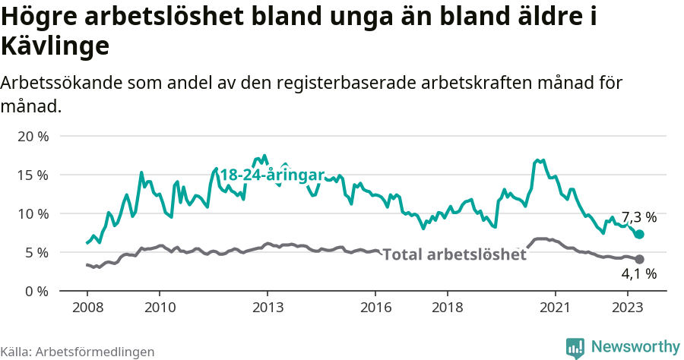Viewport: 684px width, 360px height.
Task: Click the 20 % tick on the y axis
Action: (32, 137)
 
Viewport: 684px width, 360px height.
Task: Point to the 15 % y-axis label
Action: (32, 175)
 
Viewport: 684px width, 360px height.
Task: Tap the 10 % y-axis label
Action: (32, 213)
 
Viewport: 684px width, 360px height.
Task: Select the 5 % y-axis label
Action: (36, 252)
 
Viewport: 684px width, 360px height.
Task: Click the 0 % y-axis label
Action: (36, 291)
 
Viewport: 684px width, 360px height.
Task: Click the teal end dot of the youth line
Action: (639, 235)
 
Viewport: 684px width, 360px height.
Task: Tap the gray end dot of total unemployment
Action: (639, 259)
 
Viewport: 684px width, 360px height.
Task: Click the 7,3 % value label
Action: (638, 216)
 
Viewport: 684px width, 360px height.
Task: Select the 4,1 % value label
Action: (638, 274)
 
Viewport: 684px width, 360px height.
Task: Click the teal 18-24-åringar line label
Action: (272, 175)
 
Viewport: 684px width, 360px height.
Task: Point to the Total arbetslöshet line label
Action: (454, 254)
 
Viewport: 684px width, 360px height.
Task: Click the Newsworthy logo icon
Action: (575, 347)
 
